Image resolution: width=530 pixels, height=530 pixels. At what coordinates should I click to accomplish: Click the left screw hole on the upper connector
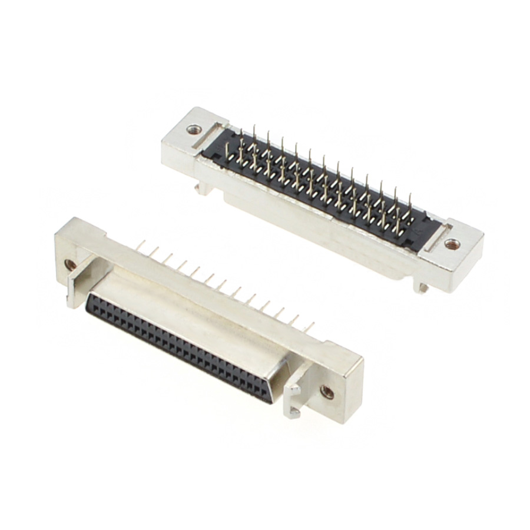pos(194,129)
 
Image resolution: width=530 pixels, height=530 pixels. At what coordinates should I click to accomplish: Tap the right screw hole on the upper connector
pos(452,243)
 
